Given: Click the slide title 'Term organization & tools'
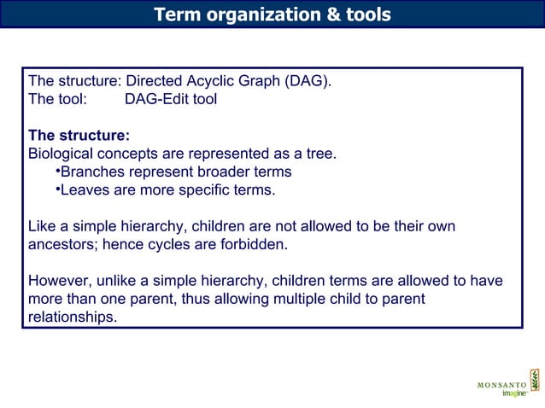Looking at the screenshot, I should [x=272, y=15].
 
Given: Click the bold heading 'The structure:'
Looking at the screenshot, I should [x=79, y=136].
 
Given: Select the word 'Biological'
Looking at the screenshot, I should [x=62, y=154].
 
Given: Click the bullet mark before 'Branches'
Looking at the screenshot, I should [x=56, y=172].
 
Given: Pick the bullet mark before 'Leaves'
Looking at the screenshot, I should [x=56, y=189].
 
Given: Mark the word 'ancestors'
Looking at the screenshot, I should [x=62, y=244].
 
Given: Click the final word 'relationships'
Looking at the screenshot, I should [x=72, y=317].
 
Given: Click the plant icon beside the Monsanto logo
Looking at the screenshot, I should [x=534, y=381].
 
